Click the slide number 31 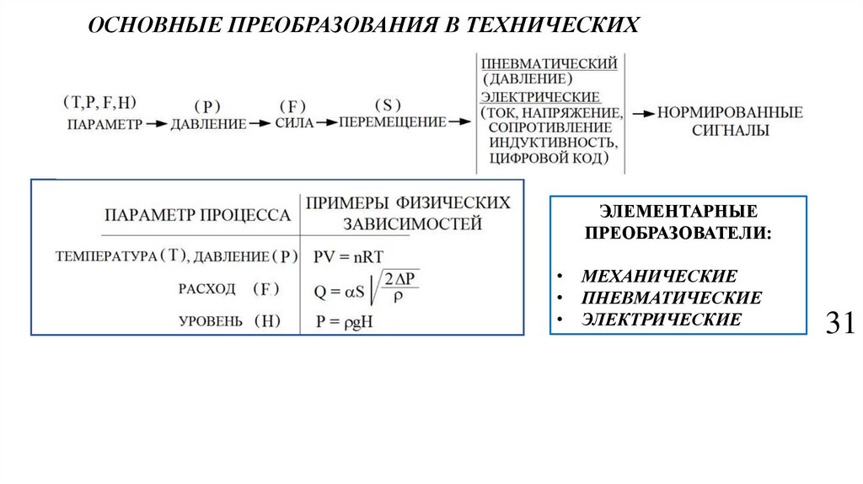tap(839, 324)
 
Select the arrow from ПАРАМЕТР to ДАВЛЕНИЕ tap(157, 124)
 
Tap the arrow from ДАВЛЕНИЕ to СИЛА tap(260, 124)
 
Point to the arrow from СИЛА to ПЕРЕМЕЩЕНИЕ tap(327, 123)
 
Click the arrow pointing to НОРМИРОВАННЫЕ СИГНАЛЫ tap(643, 113)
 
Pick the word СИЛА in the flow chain tap(294, 124)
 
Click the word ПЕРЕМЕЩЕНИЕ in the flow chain tap(392, 122)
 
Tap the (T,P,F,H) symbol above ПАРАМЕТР tap(99, 103)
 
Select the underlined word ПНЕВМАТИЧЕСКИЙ tap(549, 64)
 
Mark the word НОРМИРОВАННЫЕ tap(730, 112)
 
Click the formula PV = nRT tap(349, 255)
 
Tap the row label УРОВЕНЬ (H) tap(229, 321)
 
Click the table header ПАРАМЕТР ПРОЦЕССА tap(198, 215)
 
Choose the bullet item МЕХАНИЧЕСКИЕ tap(659, 277)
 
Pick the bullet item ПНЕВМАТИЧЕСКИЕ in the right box tap(671, 298)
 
